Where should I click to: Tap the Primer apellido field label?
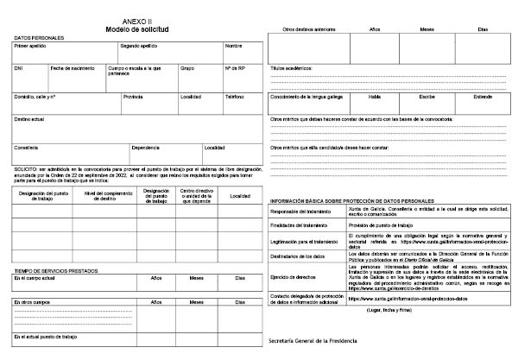(32, 45)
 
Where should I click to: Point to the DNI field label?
(19, 67)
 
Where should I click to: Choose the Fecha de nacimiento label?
(72, 67)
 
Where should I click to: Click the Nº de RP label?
(236, 67)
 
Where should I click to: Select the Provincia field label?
(134, 97)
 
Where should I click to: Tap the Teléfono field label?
(236, 97)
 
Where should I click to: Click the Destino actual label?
(30, 119)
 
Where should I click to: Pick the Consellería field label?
(27, 148)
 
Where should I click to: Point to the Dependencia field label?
(146, 148)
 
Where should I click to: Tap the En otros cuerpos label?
(32, 303)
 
